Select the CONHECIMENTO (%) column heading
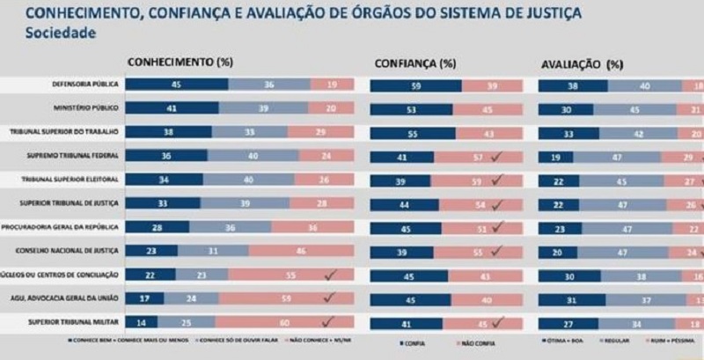click(180, 62)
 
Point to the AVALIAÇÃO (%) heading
click(581, 64)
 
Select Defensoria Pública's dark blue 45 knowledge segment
click(177, 84)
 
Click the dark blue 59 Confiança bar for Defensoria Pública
click(415, 86)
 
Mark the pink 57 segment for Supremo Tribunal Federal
click(475, 157)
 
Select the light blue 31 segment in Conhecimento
click(216, 251)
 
